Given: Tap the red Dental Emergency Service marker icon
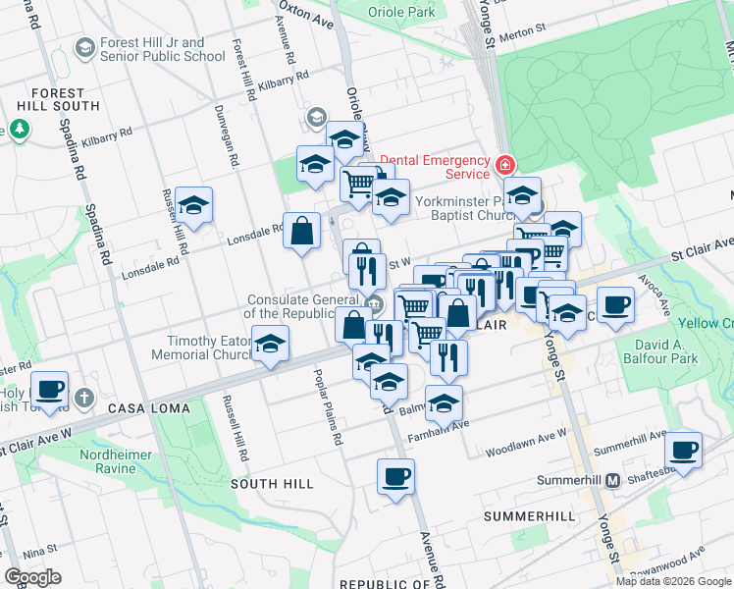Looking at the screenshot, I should click(505, 164).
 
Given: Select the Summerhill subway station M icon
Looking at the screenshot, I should click(612, 480).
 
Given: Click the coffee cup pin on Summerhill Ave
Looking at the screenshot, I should click(683, 451).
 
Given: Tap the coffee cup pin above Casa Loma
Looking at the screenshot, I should click(49, 389).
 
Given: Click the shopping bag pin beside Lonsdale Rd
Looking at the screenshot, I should click(302, 232).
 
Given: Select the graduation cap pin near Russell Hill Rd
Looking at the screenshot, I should click(194, 205).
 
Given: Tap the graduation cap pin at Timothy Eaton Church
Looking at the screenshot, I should click(271, 345).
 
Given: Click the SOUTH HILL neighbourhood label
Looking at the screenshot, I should click(272, 484).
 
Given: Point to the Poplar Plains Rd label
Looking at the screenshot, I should click(327, 407).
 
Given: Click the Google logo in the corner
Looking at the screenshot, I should click(32, 577).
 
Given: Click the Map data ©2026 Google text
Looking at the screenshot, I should click(673, 581).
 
